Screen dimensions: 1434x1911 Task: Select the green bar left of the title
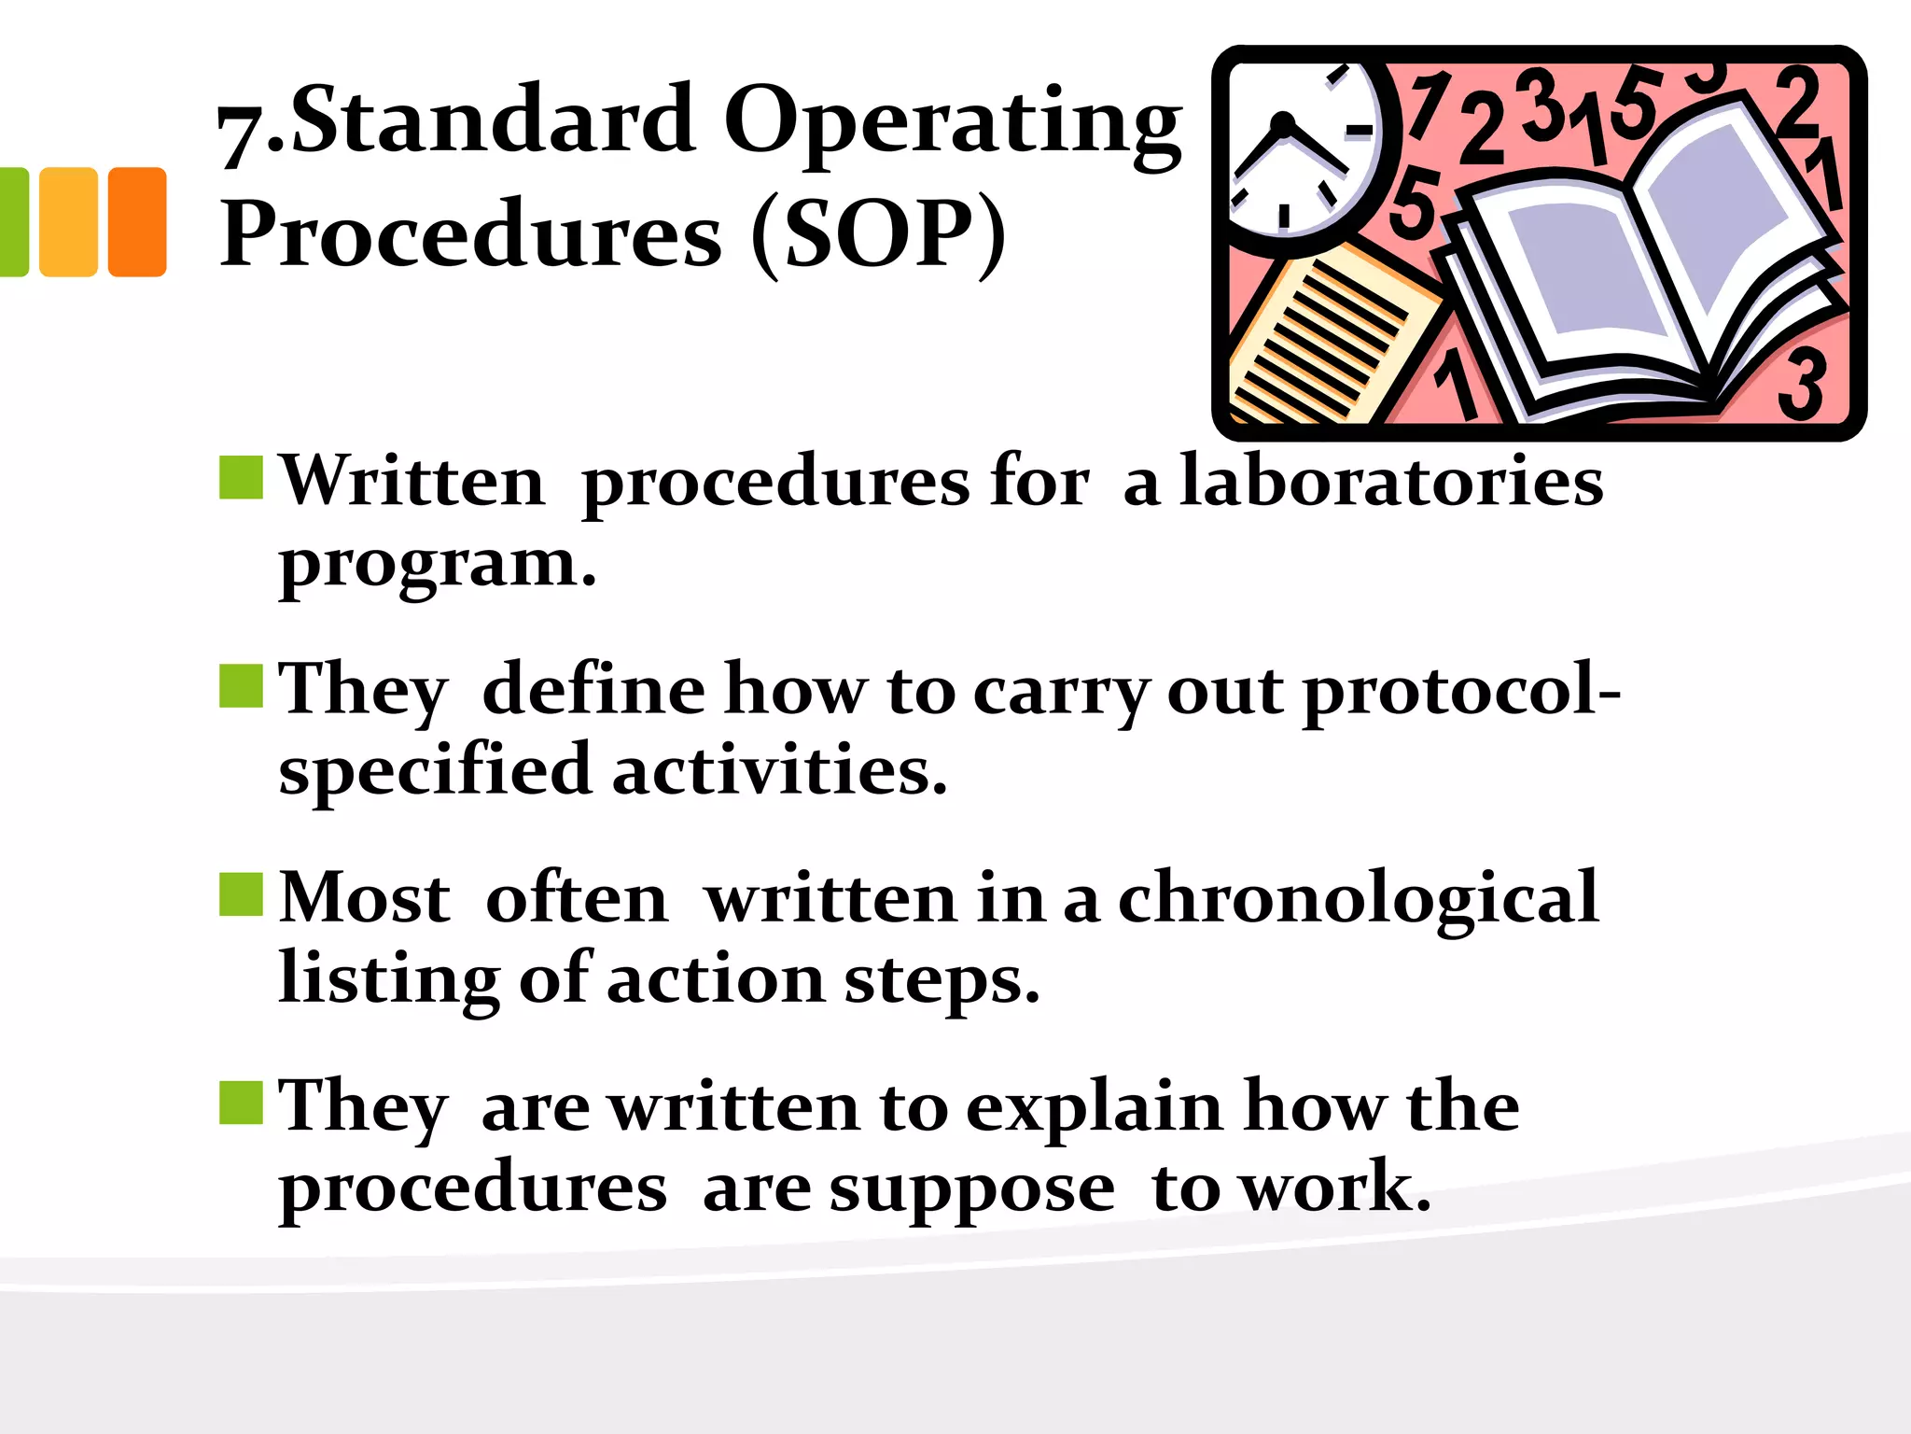coord(13,221)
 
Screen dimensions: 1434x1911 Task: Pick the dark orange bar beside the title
coord(137,221)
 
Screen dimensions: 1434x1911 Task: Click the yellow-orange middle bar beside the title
coord(68,221)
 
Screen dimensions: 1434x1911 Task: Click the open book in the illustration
coord(1642,280)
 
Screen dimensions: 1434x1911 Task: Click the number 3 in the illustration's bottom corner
coord(1801,383)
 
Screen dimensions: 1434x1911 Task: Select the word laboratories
coord(1390,481)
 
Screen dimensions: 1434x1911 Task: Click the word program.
coord(437,565)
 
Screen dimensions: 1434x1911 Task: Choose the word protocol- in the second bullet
coord(1461,691)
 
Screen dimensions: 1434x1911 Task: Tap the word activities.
coord(779,771)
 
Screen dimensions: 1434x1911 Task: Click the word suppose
coord(971,1189)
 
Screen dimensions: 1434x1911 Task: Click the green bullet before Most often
coord(241,894)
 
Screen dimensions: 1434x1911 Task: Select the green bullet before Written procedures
coord(241,478)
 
